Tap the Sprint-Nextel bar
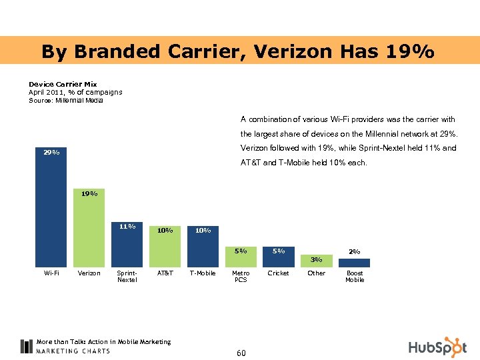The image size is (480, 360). (x=127, y=248)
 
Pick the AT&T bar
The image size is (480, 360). (x=165, y=250)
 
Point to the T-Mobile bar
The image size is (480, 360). (x=203, y=250)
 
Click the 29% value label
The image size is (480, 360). (x=51, y=153)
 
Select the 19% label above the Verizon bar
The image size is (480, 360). (x=89, y=193)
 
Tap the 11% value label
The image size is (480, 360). (x=127, y=226)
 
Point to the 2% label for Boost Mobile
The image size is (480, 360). (x=355, y=251)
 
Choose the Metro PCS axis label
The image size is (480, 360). (x=241, y=277)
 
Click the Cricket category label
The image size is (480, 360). (x=279, y=273)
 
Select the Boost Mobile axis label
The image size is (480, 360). (x=355, y=277)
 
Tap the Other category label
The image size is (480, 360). (x=317, y=273)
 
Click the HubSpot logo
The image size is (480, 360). (x=437, y=347)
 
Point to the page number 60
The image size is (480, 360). (x=241, y=353)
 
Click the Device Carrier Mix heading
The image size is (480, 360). (x=63, y=85)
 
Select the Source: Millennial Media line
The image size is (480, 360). (x=65, y=100)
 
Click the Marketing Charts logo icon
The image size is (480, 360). (x=26, y=346)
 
